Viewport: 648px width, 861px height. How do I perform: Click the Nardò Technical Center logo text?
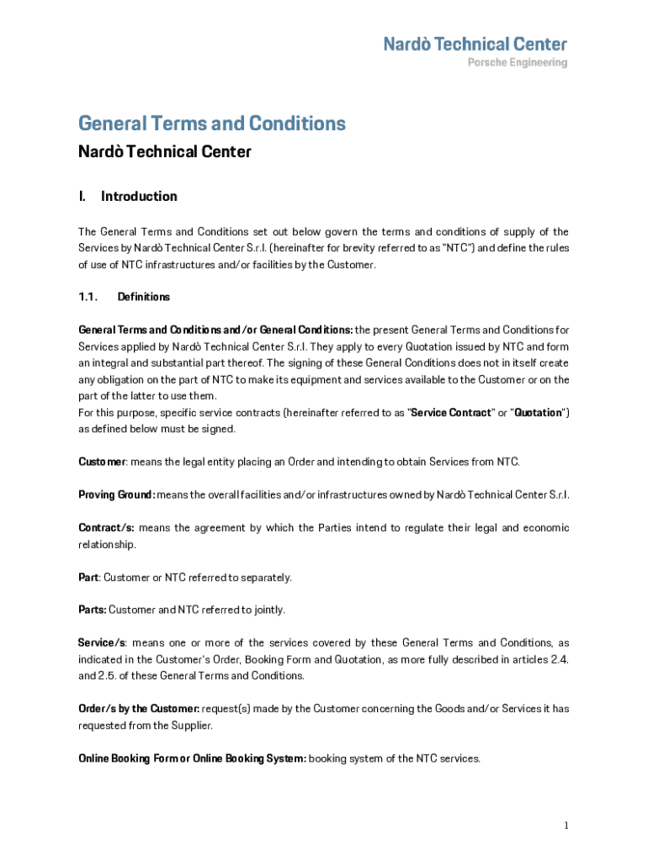pos(475,44)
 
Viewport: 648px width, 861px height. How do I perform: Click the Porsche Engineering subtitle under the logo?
pos(517,63)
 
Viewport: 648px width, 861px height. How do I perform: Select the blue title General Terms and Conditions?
pos(211,124)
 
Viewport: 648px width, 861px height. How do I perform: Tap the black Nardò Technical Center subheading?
pos(164,152)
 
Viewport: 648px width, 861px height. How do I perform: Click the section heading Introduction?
pos(139,197)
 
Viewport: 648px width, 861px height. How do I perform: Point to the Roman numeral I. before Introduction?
pos(82,197)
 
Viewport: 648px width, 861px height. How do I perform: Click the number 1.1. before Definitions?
pos(88,297)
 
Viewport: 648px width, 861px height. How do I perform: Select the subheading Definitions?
pos(143,297)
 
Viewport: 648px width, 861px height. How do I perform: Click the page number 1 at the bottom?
pos(566,826)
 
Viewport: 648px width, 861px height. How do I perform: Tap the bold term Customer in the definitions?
pos(102,462)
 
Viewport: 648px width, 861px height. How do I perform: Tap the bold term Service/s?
pos(102,643)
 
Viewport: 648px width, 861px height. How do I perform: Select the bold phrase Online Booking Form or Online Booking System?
pos(193,758)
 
